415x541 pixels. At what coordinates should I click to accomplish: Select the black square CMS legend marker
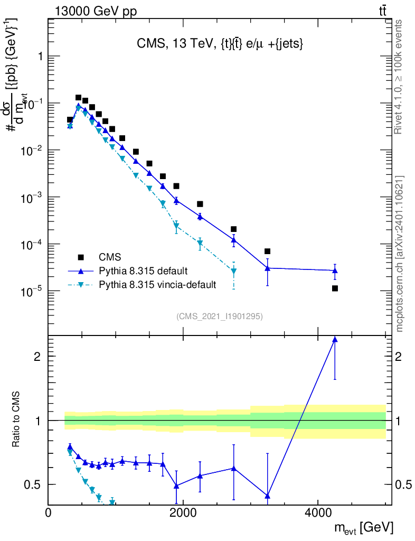coord(81,257)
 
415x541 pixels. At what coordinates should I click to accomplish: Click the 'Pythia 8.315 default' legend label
coord(144,271)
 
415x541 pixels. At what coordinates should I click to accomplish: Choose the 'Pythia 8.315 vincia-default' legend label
coord(157,285)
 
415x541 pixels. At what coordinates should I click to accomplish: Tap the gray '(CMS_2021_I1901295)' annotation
coord(220,316)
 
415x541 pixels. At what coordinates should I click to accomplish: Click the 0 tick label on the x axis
coord(49,513)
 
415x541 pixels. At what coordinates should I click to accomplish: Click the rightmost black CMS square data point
coord(335,288)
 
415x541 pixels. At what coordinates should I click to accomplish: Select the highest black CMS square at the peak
coord(78,98)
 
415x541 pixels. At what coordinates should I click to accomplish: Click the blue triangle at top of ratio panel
coord(335,340)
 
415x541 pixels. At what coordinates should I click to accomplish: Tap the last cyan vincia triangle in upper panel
coord(233,272)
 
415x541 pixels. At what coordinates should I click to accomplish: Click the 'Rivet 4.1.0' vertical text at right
coord(399,77)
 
